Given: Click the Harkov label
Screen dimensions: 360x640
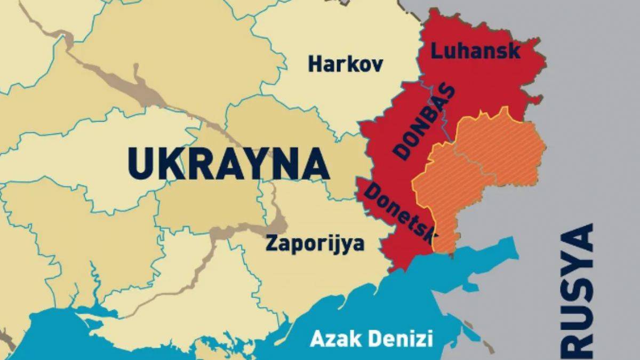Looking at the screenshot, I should point(346,65).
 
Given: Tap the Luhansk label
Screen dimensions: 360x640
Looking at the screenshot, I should point(475,52).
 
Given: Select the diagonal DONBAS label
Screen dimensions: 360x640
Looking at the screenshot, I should point(425,122).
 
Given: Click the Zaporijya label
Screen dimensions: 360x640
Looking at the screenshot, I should point(315,244).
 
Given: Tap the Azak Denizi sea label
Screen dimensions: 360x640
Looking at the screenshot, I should point(371,338).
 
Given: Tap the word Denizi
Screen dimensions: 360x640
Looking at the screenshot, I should point(404,338).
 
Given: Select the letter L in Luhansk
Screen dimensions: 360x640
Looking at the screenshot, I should point(436,51).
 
